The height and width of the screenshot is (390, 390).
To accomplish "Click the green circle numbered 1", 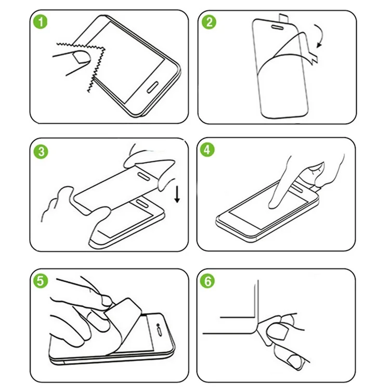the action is [40, 22].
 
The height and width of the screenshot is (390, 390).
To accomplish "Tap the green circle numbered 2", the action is [209, 22].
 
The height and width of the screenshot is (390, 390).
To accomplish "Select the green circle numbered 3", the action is [41, 152].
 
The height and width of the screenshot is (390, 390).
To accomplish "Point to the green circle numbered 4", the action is [207, 150].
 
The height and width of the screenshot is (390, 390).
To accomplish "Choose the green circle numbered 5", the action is [40, 281].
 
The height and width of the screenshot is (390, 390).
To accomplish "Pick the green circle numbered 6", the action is [207, 281].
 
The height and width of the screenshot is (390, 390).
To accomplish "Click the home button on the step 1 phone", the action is [153, 87].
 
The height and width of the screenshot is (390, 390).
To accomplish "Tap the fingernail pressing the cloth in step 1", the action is [81, 57].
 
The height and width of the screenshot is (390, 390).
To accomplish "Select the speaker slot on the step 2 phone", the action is [277, 27].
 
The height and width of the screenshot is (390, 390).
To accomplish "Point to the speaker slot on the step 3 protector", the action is [144, 176].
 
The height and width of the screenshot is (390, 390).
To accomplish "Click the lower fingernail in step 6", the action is [294, 361].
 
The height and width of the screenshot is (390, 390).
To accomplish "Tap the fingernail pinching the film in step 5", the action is [107, 301].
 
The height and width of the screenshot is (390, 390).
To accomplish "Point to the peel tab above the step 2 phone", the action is [283, 18].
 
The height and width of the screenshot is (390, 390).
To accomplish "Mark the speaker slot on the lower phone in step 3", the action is [141, 203].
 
